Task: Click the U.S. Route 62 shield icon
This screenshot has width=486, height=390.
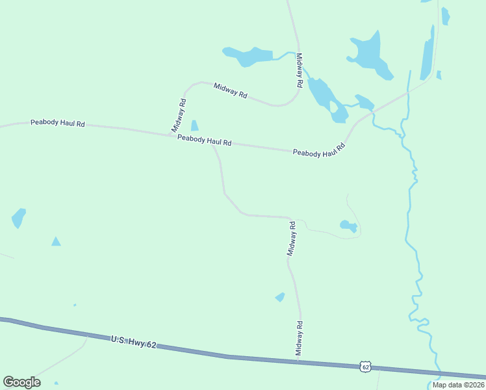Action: (x=366, y=367)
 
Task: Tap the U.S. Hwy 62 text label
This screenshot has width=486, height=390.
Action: (x=134, y=342)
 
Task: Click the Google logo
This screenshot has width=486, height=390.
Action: (x=21, y=382)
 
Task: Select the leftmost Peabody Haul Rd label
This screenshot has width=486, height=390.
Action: (x=57, y=123)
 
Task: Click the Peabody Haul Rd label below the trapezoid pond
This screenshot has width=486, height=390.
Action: (x=204, y=140)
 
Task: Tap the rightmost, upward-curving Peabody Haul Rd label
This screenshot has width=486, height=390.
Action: (x=318, y=150)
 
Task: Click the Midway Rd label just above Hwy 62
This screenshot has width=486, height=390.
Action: (x=300, y=338)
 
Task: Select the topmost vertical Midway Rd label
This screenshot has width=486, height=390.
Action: (x=300, y=70)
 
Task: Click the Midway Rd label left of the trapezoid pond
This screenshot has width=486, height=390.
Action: (x=179, y=116)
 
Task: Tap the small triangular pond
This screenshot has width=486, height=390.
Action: (x=56, y=242)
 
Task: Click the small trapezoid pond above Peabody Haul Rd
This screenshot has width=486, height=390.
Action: (x=194, y=125)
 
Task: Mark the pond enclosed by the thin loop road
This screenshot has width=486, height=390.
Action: (x=348, y=226)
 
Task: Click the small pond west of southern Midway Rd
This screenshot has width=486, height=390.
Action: (x=280, y=297)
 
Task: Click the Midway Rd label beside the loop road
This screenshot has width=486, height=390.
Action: (x=292, y=239)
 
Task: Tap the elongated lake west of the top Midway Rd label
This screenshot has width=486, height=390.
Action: (x=248, y=57)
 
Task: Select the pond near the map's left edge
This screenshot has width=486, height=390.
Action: (x=18, y=218)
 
